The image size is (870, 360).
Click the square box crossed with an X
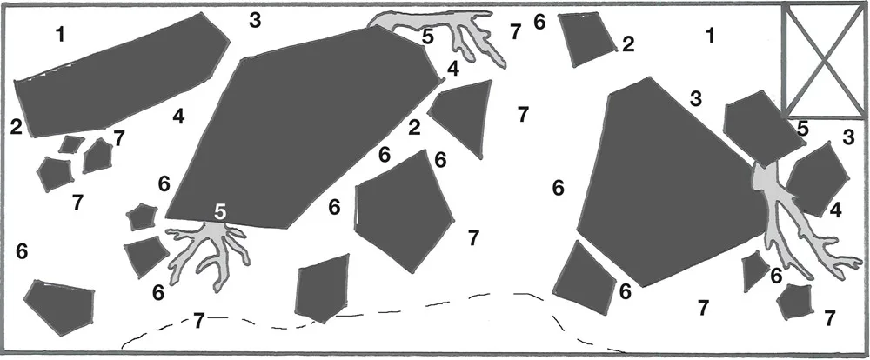823,60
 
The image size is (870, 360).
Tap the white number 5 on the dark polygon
220,211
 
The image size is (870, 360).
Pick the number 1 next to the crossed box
710,36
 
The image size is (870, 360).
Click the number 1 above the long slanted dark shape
60,35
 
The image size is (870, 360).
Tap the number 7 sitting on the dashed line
198,320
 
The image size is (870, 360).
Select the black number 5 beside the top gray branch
427,37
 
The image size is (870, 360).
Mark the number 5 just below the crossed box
802,129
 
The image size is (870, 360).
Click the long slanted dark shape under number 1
121,76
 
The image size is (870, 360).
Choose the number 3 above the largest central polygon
255,21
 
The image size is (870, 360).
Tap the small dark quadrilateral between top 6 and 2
587,39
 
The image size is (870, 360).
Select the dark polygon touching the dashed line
323,287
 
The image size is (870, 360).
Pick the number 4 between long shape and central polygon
178,117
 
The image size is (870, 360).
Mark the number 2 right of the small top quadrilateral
628,44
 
